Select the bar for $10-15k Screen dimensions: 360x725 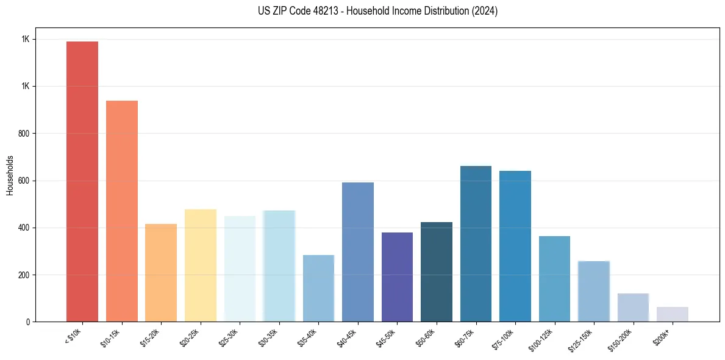click(x=122, y=211)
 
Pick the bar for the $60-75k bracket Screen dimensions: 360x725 click(x=476, y=243)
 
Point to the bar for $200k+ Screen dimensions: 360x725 click(x=673, y=314)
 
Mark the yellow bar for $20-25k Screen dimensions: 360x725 click(x=201, y=265)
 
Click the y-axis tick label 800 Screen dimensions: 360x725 click(x=25, y=134)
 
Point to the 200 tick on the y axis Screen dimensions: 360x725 click(x=25, y=275)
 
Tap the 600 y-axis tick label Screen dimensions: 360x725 click(x=25, y=181)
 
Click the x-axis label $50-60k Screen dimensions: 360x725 click(x=426, y=338)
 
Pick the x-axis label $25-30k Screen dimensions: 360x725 click(x=229, y=338)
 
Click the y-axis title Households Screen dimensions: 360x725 click(x=10, y=175)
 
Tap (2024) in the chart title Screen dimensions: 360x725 click(x=485, y=11)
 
